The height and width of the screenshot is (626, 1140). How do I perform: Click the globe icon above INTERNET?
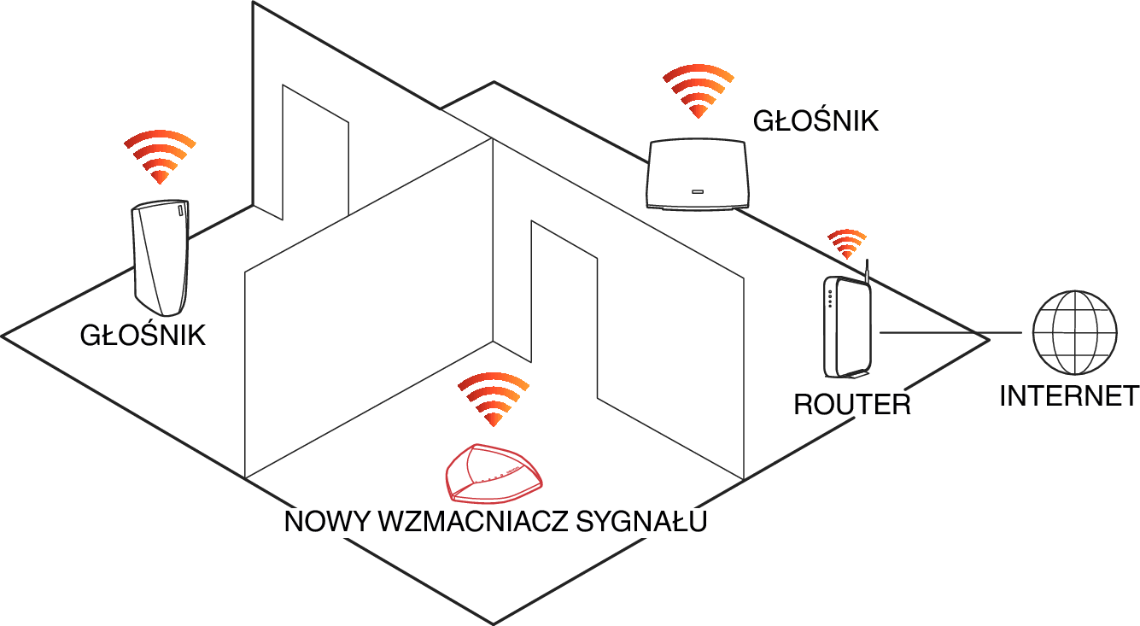[1075, 332]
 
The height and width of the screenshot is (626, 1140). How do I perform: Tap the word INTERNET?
[1069, 396]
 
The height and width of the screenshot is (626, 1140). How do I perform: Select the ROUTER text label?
[852, 405]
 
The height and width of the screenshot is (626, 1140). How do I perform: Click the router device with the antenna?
[848, 325]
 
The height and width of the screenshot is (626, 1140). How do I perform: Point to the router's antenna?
[867, 270]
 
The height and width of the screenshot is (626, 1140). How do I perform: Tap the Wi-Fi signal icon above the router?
[847, 243]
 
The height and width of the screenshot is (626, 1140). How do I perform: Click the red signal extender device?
[494, 471]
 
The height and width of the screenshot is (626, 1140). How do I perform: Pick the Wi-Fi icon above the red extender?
[494, 399]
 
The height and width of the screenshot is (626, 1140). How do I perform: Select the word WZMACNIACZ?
[473, 521]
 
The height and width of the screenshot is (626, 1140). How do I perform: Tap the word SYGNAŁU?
[641, 521]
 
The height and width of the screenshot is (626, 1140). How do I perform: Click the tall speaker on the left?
[161, 257]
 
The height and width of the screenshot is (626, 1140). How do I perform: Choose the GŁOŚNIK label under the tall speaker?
[143, 335]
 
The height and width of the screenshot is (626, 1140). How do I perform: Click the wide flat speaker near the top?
[697, 173]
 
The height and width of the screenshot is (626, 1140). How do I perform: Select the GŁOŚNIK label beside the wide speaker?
[816, 121]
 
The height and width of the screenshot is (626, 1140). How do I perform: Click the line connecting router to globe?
[950, 333]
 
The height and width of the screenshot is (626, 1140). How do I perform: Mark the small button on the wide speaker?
[697, 192]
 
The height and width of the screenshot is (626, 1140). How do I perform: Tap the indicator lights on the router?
[830, 299]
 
